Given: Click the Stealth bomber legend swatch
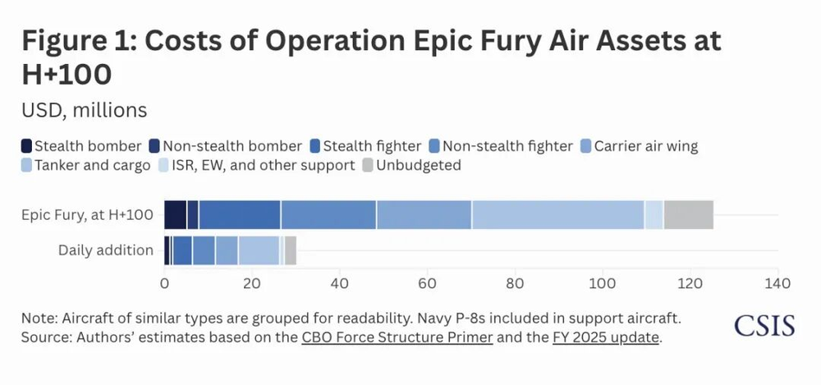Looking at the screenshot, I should point(26,146).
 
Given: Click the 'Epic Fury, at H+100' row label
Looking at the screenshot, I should point(87,215).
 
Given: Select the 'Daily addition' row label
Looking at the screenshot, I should point(106,250).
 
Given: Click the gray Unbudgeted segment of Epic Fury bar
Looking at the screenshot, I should point(688,215).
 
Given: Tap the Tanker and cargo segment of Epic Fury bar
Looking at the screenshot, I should point(557,215).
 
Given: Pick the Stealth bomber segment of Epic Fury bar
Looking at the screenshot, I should point(175,215).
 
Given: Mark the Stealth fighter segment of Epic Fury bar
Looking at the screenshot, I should point(239,215).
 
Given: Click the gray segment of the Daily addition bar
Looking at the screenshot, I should point(290,250).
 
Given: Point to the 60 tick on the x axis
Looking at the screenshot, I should point(427,284).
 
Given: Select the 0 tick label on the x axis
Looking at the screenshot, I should point(164,284).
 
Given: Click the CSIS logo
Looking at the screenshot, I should point(764,324).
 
